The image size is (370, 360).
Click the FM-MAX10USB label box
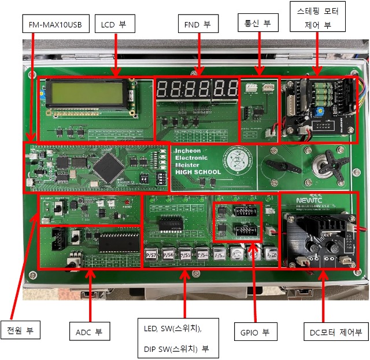pyautogui.click(x=55, y=25)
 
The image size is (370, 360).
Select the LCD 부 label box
pyautogui.click(x=114, y=25)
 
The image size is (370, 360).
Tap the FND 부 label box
pyautogui.click(x=198, y=25)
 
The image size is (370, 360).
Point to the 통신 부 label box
pyautogui.click(x=258, y=23)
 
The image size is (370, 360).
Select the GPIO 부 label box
pyautogui.click(x=256, y=332)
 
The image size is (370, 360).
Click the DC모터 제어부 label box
pyautogui.click(x=335, y=332)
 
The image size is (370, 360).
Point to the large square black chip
pyautogui.click(x=107, y=166)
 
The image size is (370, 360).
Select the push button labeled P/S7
pyautogui.click(x=152, y=255)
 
